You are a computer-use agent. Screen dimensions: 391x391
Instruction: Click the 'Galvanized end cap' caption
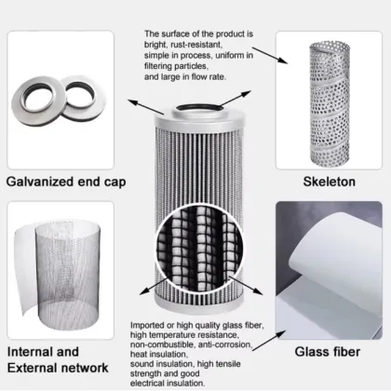click(x=66, y=182)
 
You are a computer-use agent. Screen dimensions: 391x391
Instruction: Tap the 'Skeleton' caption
click(x=329, y=182)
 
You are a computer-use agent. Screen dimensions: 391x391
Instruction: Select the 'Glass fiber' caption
click(x=328, y=352)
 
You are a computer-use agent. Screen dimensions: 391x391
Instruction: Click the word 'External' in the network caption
click(x=32, y=368)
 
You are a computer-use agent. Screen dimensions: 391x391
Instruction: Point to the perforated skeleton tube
click(x=330, y=103)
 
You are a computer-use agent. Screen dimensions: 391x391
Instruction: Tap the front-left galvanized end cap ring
click(x=38, y=101)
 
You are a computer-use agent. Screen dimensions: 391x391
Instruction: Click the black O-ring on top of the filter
click(x=199, y=108)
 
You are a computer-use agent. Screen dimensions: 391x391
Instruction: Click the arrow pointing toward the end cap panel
click(x=146, y=107)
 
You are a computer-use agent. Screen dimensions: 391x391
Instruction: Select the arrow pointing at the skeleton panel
click(x=270, y=56)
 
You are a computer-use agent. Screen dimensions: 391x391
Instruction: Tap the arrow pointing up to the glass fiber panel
click(x=269, y=341)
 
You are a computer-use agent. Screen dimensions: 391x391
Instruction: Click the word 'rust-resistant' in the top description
click(x=196, y=45)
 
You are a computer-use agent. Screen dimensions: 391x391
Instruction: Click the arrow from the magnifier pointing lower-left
click(x=154, y=287)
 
